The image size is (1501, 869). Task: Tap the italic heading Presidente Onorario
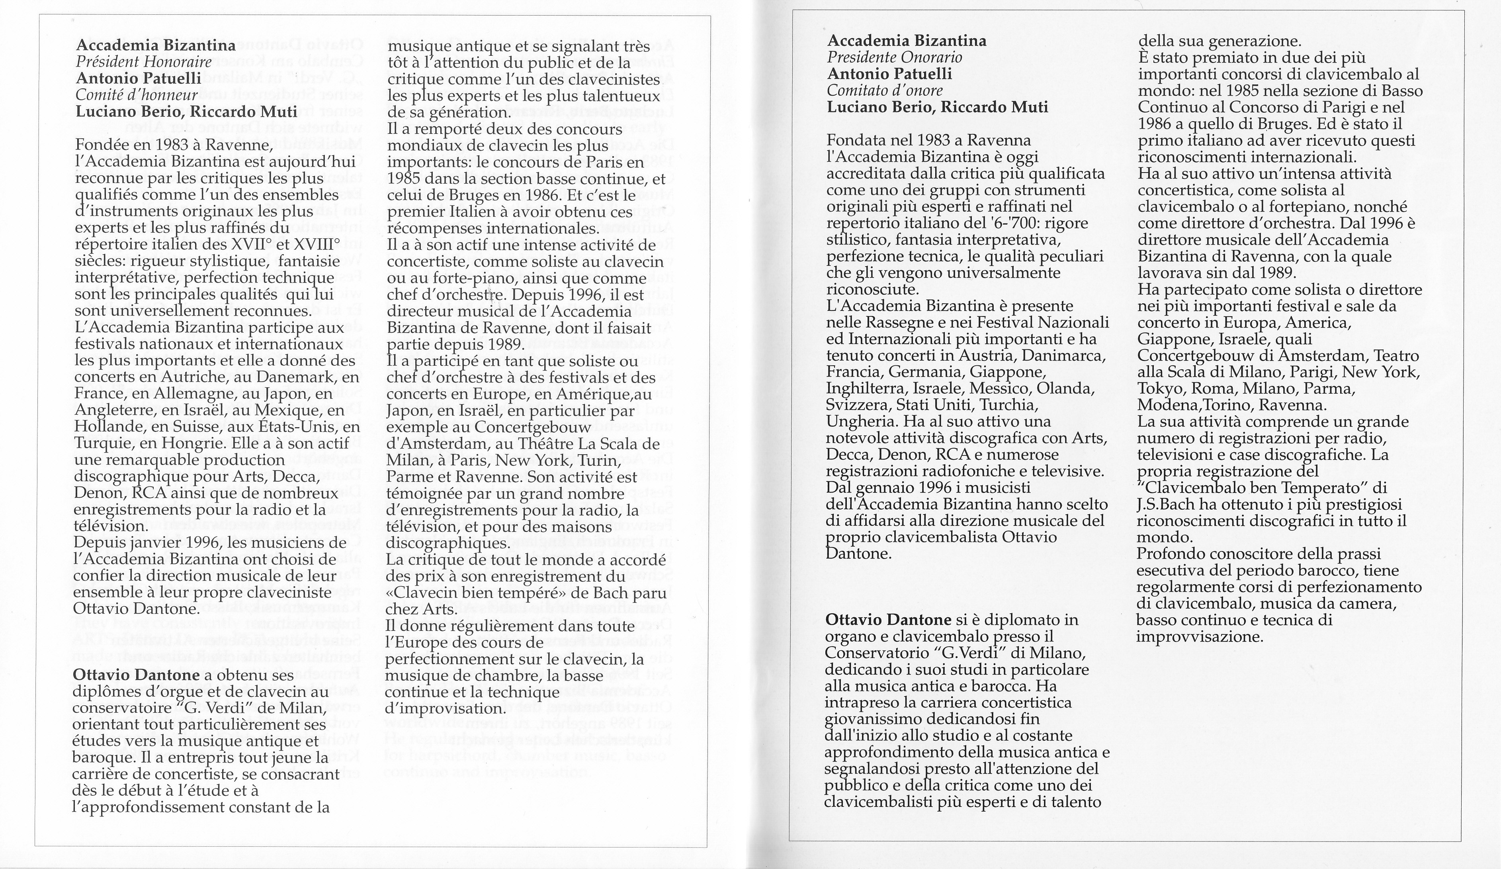tap(894, 57)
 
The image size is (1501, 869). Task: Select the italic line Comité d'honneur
tap(137, 95)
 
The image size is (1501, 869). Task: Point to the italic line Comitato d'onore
tap(885, 90)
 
